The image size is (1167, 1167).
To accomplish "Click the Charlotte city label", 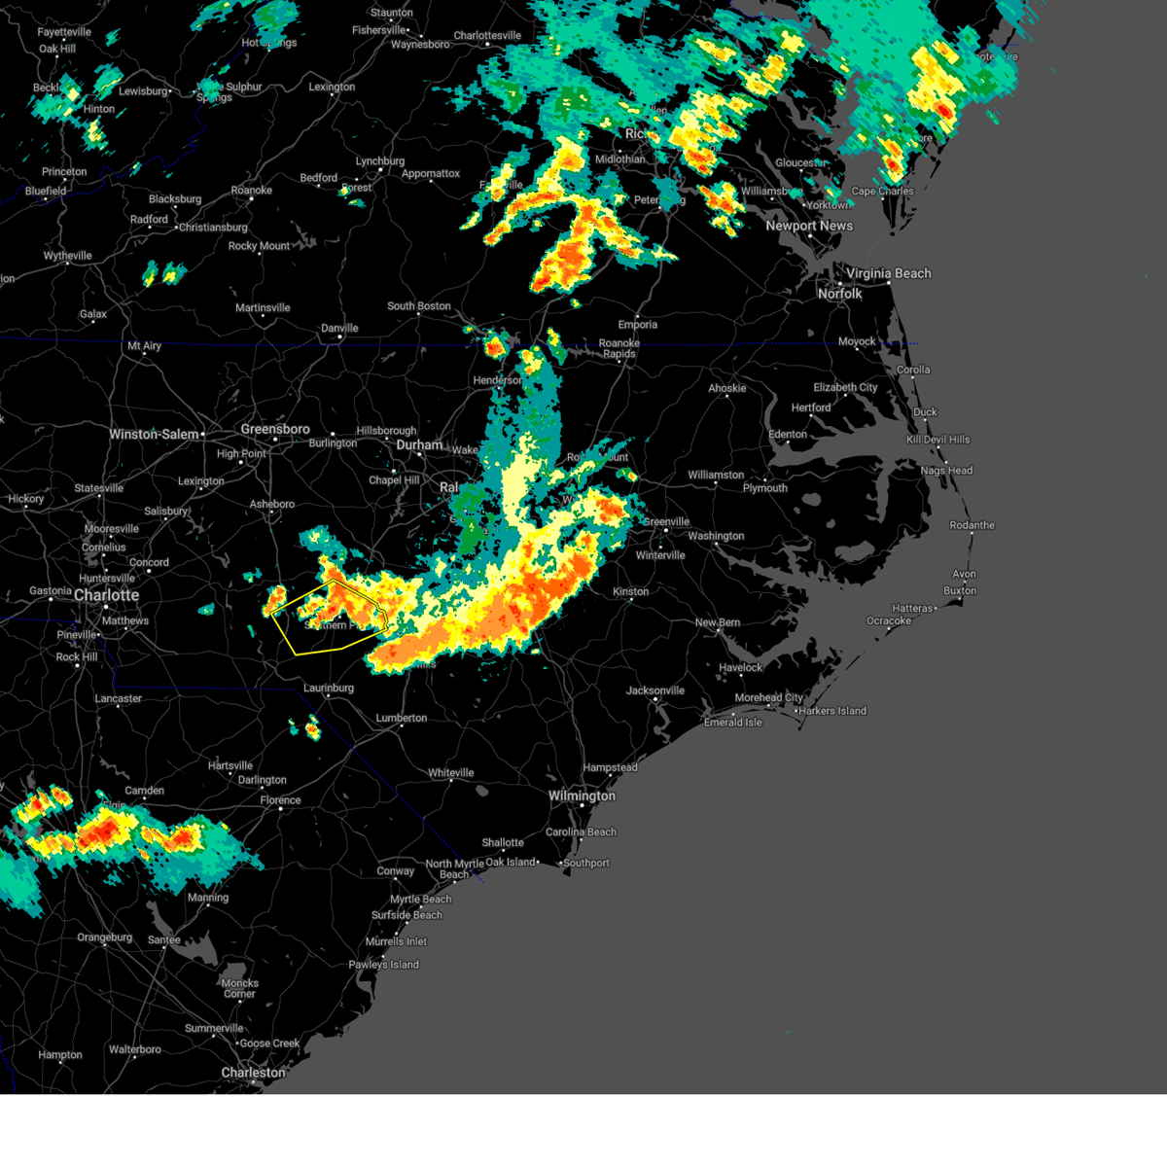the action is [x=106, y=595].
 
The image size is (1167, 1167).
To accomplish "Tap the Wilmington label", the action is [x=582, y=796].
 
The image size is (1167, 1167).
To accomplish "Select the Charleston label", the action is [x=253, y=1073].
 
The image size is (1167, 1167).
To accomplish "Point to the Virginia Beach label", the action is [x=888, y=273].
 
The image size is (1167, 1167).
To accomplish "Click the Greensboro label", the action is [x=275, y=429].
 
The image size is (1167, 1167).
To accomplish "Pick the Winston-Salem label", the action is [x=155, y=435].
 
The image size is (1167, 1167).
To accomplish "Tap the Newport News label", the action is [x=809, y=226].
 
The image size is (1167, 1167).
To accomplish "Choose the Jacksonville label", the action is [x=655, y=690].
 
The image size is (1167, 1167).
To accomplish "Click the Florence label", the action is [x=280, y=800].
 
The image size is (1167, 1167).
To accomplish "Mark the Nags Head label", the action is [x=946, y=471].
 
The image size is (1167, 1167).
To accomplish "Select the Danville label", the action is [x=339, y=329].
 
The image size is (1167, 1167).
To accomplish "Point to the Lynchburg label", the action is [x=379, y=161].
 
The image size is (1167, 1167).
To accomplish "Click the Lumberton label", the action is [x=402, y=718].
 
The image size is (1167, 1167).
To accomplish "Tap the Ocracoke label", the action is [x=889, y=620].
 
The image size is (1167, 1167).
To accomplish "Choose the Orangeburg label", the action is [x=104, y=937].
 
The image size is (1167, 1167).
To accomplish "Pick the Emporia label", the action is [x=638, y=325].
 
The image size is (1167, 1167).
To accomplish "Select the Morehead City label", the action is [x=769, y=697].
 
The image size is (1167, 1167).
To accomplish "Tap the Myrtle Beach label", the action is [x=421, y=900].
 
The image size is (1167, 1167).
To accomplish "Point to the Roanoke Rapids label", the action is [x=619, y=348].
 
